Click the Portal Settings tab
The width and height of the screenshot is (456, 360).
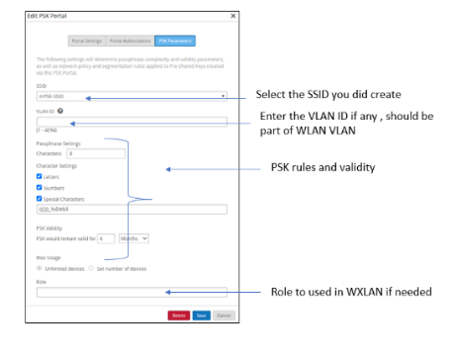[86, 42]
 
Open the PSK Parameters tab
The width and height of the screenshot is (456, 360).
[175, 42]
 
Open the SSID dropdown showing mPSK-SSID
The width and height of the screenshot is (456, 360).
[132, 97]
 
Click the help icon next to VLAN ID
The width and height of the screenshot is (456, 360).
[60, 111]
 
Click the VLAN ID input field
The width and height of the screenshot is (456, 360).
[132, 124]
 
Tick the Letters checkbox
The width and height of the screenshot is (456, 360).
[39, 176]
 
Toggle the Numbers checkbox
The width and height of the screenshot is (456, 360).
[39, 187]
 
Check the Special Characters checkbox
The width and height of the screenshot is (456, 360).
[39, 198]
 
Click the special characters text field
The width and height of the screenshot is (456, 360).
[132, 210]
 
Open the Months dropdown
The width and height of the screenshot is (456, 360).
[135, 238]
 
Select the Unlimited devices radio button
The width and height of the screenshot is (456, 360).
[39, 267]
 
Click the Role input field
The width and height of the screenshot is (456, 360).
[132, 292]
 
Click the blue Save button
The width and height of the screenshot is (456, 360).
[200, 315]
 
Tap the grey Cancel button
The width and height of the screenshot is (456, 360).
[224, 315]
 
